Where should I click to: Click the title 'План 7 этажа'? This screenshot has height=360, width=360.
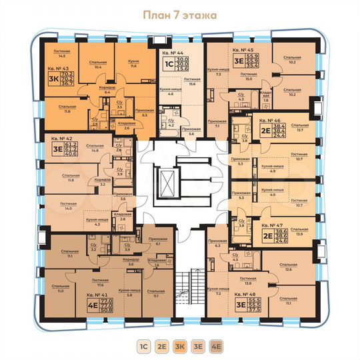point(179,14)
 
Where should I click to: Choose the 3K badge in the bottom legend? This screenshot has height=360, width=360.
point(180,347)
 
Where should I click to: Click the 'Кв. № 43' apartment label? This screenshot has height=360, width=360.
point(59,68)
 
